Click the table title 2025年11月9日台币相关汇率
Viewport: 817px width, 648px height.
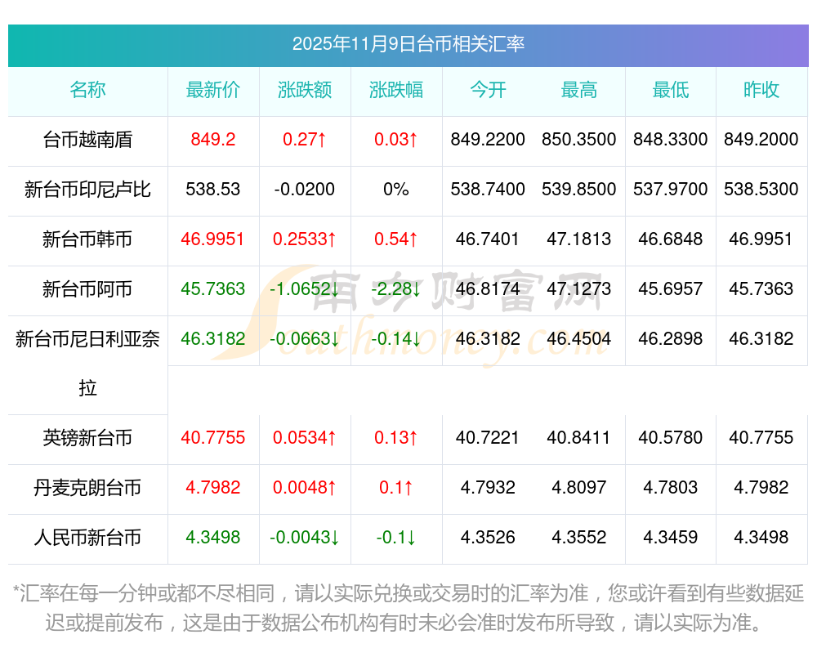coord(408,44)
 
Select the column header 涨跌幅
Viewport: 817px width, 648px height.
coord(396,91)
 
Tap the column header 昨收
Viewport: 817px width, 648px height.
coord(761,91)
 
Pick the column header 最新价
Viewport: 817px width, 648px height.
coord(213,91)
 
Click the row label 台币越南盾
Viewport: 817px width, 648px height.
coord(87,140)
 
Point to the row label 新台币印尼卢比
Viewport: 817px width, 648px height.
coord(87,190)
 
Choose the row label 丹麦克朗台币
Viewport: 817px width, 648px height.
coord(87,488)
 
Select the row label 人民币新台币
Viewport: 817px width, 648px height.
coord(87,538)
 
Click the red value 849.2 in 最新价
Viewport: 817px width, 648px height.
coord(213,140)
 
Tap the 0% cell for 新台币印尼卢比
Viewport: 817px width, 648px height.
coord(396,190)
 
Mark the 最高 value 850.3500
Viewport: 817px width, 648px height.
coord(579,140)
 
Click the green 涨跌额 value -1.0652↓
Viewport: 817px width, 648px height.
coord(305,289)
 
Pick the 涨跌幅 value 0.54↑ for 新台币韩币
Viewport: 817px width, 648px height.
coord(396,239)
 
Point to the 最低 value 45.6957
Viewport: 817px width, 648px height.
coord(671,289)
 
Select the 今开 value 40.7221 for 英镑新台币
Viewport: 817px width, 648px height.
coord(488,438)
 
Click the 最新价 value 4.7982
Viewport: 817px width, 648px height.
coord(213,488)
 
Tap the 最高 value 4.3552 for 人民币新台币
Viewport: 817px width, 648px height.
coord(579,538)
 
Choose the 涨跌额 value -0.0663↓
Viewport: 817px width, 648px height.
coord(305,339)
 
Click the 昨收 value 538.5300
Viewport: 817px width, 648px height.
coord(761,190)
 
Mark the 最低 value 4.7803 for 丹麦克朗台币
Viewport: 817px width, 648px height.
coord(671,488)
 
